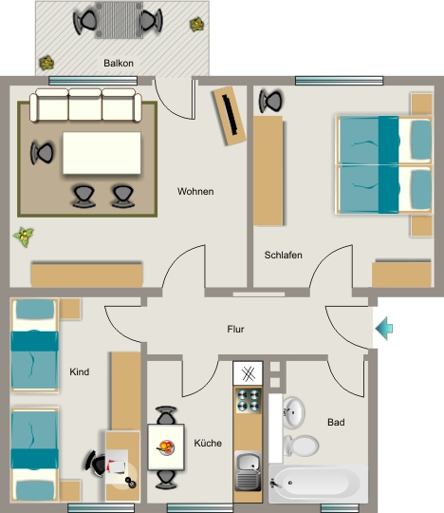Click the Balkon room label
[x=119, y=63]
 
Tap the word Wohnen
[x=195, y=191]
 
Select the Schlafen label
[x=283, y=255]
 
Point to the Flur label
[x=235, y=329]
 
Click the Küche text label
[x=208, y=443]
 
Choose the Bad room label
[x=336, y=422]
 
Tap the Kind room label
[x=80, y=371]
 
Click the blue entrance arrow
[x=384, y=328]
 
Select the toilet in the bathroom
[x=301, y=446]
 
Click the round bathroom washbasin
[x=293, y=413]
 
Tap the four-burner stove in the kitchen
[x=249, y=401]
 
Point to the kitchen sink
[x=248, y=471]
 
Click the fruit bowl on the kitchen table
[x=166, y=447]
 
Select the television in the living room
[x=230, y=115]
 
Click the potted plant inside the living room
[x=24, y=237]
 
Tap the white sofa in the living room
[x=85, y=104]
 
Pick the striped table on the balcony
[x=119, y=20]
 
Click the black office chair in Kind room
[x=96, y=464]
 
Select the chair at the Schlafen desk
[x=270, y=101]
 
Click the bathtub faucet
[x=276, y=484]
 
